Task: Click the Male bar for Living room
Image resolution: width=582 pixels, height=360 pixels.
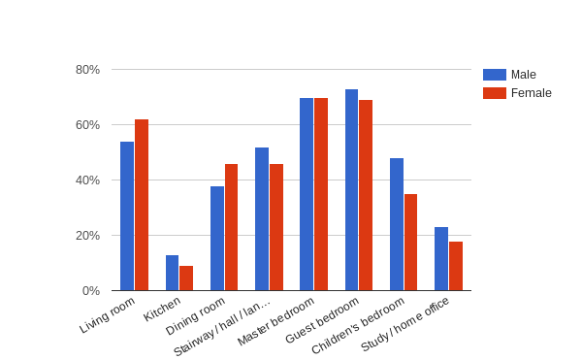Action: pos(127,215)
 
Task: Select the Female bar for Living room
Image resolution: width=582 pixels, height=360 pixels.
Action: pos(142,205)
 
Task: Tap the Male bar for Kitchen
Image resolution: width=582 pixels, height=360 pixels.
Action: pos(172,273)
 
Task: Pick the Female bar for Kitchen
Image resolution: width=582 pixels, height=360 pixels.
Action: pos(186,278)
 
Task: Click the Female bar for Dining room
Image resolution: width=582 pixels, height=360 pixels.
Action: pos(231,227)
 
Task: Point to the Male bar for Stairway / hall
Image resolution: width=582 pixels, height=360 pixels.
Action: pos(262,218)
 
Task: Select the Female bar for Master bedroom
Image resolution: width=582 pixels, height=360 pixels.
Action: pos(321,194)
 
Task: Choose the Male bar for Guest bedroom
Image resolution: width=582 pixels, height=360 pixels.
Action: pos(351,189)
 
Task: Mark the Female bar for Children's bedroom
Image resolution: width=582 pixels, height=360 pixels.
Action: pos(411,242)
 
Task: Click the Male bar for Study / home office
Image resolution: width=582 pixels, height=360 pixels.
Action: pos(441,258)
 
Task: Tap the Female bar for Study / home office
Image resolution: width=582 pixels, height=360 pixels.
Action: pos(456,266)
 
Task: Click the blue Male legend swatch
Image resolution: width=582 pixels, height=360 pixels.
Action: pos(495,75)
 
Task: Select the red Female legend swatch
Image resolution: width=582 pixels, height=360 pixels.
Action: pos(495,93)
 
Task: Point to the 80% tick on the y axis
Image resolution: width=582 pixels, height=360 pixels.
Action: pos(87,70)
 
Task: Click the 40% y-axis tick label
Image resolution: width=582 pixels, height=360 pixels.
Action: pos(87,180)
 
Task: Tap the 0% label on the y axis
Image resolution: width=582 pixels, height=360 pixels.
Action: pos(91,291)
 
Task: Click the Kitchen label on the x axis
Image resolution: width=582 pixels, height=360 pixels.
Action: pos(163,309)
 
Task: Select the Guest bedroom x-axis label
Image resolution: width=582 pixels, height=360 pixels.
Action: pos(323,320)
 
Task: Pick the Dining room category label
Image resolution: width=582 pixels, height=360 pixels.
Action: pos(197,316)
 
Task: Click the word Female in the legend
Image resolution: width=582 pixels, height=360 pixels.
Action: pos(532,93)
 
